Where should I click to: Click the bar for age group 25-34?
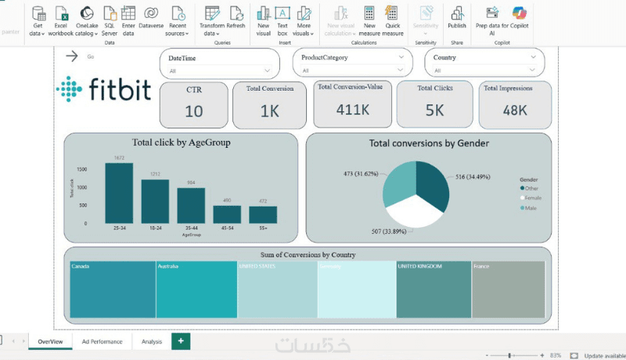coord(119,193)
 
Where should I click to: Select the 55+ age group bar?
coord(263,214)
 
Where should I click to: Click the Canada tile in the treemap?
coord(112,290)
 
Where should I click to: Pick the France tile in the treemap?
coord(508,290)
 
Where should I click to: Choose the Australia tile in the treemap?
coord(196,290)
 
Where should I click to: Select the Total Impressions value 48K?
coord(515,110)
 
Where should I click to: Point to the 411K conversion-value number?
coord(352,109)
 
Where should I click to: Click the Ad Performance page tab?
coord(102,342)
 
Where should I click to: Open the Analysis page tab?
coord(152,342)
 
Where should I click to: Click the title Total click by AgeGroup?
coord(182,142)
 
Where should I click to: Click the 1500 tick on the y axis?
coord(82,169)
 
